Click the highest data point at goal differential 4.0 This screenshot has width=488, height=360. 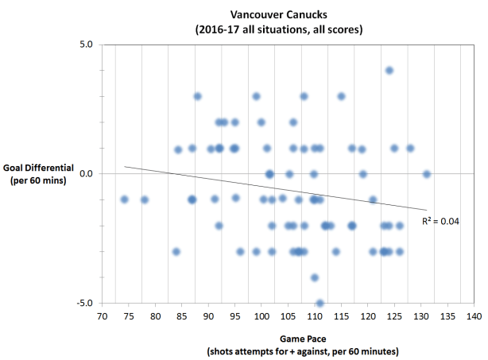tap(389, 70)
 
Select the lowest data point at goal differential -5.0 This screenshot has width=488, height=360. tap(320, 304)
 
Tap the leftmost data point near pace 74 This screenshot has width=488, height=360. tap(124, 199)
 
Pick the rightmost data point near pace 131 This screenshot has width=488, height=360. tap(427, 173)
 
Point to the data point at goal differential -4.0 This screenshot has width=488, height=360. tap(315, 277)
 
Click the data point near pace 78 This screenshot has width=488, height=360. tap(145, 199)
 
